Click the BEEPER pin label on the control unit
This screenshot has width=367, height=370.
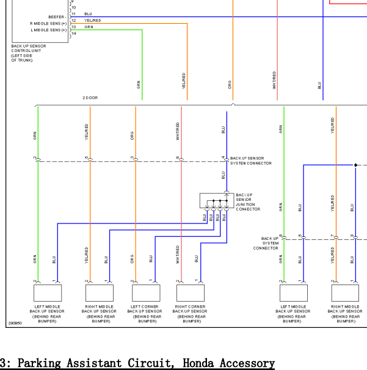pyautogui.click(x=57, y=16)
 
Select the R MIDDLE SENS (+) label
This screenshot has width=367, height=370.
pyautogui.click(x=48, y=23)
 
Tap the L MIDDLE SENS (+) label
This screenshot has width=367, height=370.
pyautogui.click(x=48, y=29)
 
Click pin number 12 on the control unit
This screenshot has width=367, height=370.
pyautogui.click(x=73, y=21)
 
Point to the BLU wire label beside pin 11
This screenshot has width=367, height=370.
pyautogui.click(x=89, y=13)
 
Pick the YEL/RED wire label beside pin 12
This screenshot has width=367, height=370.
pyautogui.click(x=93, y=20)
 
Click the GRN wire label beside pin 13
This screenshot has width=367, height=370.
pyautogui.click(x=89, y=27)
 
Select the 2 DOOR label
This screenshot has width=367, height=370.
pyautogui.click(x=90, y=98)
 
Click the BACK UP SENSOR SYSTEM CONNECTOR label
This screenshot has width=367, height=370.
pyautogui.click(x=250, y=161)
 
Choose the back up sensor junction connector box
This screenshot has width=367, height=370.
pyautogui.click(x=217, y=200)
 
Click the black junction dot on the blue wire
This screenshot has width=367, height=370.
pyautogui.click(x=355, y=165)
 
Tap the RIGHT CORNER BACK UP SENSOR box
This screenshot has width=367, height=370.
pyautogui.click(x=190, y=292)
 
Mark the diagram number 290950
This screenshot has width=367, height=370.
pyautogui.click(x=15, y=324)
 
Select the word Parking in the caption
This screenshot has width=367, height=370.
pyautogui.click(x=42, y=363)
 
